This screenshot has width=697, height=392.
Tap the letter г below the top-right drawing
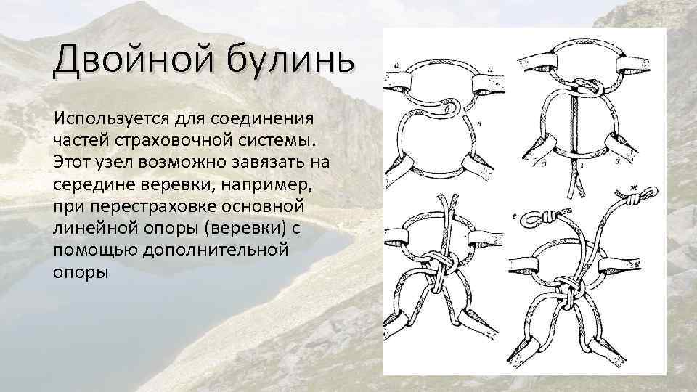(x=574, y=166)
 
